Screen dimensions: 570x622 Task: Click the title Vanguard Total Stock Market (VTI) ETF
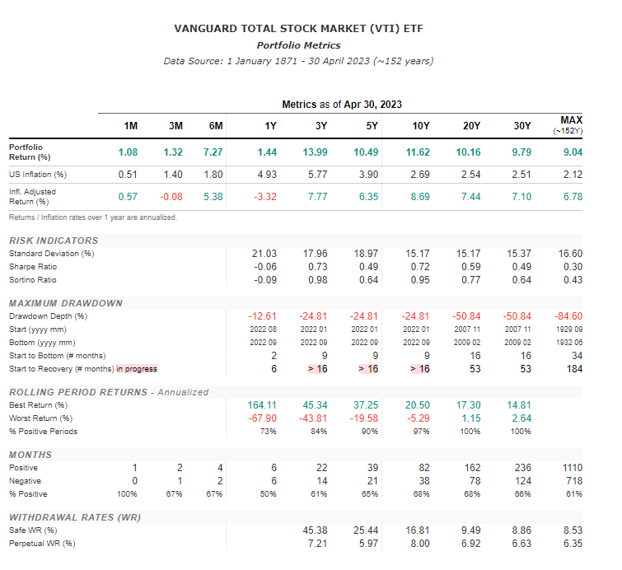click(x=298, y=29)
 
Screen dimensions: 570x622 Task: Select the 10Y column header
click(x=420, y=125)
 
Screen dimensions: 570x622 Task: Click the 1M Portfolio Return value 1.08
click(x=128, y=152)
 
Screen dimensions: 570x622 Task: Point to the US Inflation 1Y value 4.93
click(x=265, y=175)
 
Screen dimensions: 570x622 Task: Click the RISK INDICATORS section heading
click(x=54, y=241)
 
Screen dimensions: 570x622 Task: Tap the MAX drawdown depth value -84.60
click(x=569, y=316)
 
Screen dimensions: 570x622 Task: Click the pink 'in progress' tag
click(x=136, y=369)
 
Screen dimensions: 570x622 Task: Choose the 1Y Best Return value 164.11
click(x=262, y=405)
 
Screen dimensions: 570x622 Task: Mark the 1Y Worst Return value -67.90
click(x=262, y=418)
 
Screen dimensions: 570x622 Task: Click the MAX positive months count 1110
click(x=571, y=468)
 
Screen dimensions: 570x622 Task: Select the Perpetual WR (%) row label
click(x=42, y=544)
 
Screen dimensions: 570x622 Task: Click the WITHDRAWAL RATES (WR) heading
click(x=75, y=517)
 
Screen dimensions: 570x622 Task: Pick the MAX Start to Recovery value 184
click(x=573, y=369)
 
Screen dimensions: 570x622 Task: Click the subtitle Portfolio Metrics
click(x=298, y=45)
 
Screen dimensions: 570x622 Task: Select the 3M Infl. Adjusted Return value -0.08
click(x=169, y=197)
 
